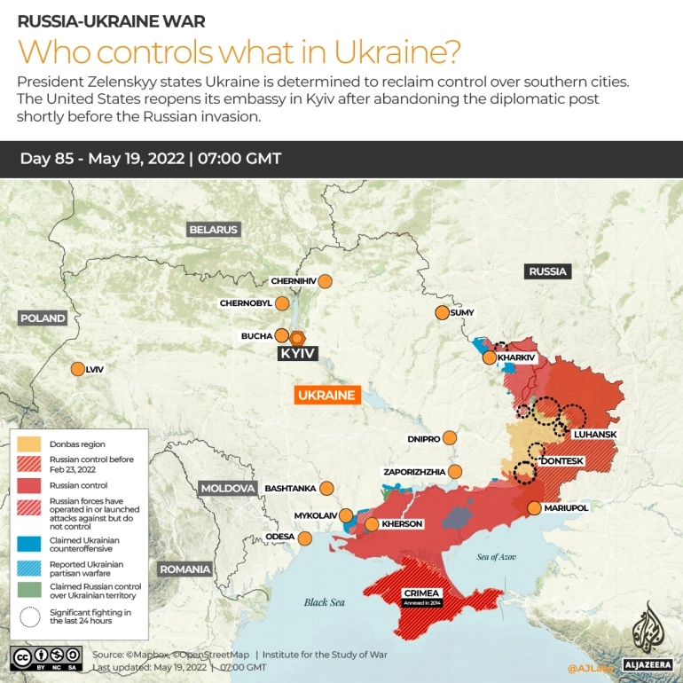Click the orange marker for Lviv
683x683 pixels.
[75, 369]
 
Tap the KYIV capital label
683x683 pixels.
[297, 353]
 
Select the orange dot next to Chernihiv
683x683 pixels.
[325, 281]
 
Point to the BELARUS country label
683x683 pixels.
[214, 230]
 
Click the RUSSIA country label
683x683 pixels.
[547, 271]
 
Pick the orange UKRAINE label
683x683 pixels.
[326, 396]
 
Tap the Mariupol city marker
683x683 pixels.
[534, 507]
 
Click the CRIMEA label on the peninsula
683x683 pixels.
[420, 593]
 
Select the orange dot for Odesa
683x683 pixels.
[305, 538]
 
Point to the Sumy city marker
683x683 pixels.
[442, 312]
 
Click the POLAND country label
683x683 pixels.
[43, 318]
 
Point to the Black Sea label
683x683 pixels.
[323, 602]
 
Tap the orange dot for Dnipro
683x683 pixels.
[450, 437]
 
